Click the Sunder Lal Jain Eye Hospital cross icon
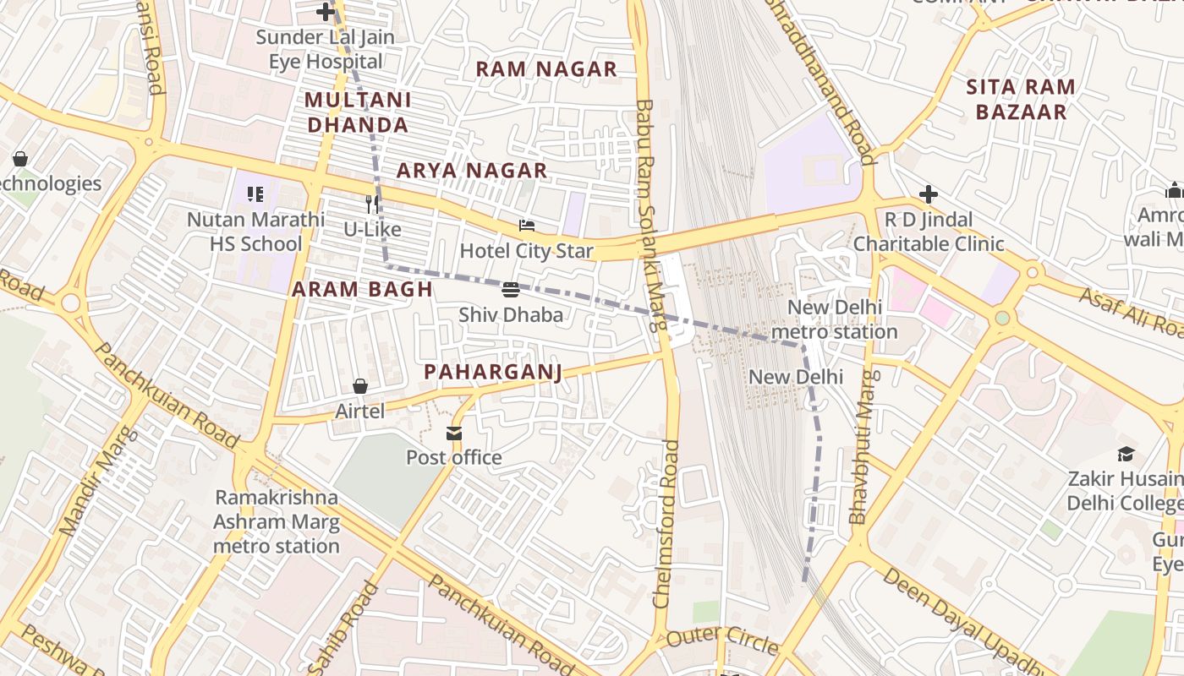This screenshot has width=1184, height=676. (x=325, y=12)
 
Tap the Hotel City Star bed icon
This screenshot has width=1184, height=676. (x=527, y=226)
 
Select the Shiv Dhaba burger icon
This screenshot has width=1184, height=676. (x=510, y=290)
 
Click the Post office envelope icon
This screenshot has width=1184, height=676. (x=454, y=433)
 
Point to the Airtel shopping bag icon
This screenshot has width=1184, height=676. (x=359, y=386)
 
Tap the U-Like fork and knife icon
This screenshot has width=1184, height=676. (x=372, y=204)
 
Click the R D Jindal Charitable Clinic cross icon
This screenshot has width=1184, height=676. (x=928, y=195)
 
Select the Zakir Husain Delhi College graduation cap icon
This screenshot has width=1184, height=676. (x=1126, y=455)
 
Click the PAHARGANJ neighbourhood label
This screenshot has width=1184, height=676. (x=493, y=372)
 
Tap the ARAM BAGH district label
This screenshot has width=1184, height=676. (x=362, y=289)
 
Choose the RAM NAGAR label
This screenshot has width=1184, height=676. (x=546, y=69)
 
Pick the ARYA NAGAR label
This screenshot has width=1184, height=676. (x=472, y=171)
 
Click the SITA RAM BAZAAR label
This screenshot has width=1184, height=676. (x=1021, y=99)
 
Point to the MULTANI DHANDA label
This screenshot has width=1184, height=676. (x=357, y=112)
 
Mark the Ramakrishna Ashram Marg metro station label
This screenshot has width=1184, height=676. (x=276, y=521)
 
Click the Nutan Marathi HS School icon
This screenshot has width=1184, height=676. (x=255, y=194)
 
